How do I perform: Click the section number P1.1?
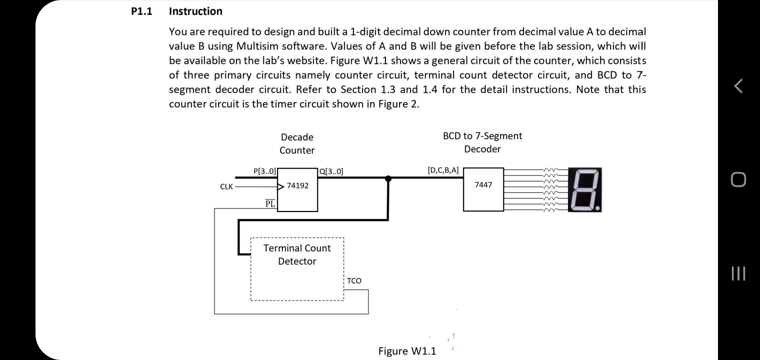point(141,11)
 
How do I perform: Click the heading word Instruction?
point(195,11)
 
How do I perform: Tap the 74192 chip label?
point(297,185)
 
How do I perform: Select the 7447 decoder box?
point(483,189)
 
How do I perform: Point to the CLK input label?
point(226,186)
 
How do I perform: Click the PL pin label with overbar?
point(270,203)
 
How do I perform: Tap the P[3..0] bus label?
point(264,171)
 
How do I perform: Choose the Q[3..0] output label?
point(331,171)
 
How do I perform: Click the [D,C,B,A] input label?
point(443,170)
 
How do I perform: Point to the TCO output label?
point(354,280)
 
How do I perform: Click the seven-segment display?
point(585,189)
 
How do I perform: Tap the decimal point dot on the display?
point(597,207)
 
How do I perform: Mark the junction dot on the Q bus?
point(388,178)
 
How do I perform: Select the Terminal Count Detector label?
point(297,254)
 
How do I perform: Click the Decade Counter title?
point(297,143)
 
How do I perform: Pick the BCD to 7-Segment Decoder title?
point(482,142)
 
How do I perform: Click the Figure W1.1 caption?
point(407,351)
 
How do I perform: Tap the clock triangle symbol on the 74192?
point(280,186)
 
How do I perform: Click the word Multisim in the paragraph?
point(257,46)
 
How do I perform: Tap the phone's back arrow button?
point(738,86)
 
